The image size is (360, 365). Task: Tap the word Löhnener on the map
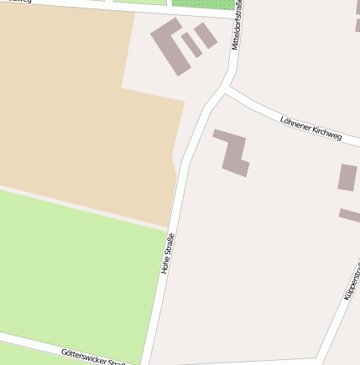(x=295, y=123)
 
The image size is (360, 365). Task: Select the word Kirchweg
(x=327, y=133)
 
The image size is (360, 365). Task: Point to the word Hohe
(x=165, y=264)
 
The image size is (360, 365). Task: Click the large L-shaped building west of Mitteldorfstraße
(x=170, y=46)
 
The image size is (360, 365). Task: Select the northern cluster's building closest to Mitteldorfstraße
(x=206, y=35)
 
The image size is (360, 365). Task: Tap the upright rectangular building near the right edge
(x=347, y=177)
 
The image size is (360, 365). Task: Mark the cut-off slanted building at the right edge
(x=350, y=216)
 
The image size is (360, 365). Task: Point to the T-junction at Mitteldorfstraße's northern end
(x=234, y=15)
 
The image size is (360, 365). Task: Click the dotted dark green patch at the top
(x=201, y=3)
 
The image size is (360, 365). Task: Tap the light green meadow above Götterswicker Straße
(x=76, y=269)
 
